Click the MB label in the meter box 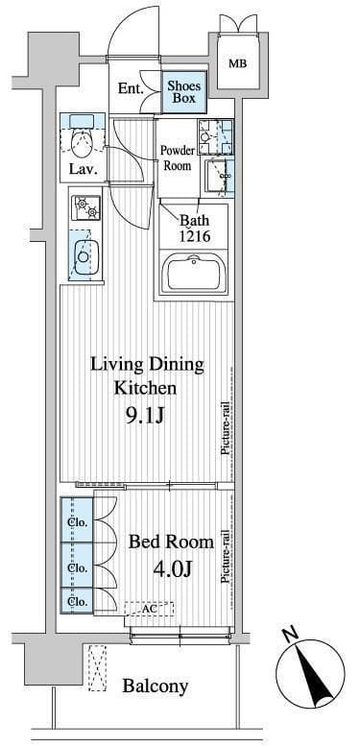(x=238, y=63)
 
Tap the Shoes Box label (x=183, y=92)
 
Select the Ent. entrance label (x=132, y=88)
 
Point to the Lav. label (x=83, y=169)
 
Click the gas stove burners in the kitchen (x=86, y=208)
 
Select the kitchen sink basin (x=84, y=256)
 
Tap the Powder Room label (x=177, y=158)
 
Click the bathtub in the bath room (x=193, y=276)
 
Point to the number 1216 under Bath (x=194, y=237)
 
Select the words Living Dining (x=147, y=366)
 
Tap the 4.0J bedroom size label (x=173, y=569)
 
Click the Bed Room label (x=171, y=542)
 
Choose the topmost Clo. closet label (x=77, y=522)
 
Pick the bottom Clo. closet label (x=77, y=602)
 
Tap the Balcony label (x=156, y=687)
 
